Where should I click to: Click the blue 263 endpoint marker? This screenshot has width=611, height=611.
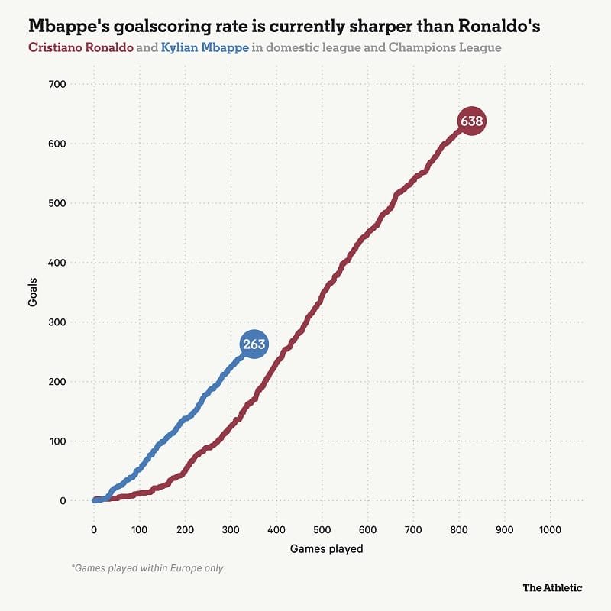coord(254,344)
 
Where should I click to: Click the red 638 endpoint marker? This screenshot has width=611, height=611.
coord(471,121)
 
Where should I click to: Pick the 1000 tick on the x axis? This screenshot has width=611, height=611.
coord(550,529)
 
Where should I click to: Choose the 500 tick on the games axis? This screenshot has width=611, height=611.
coord(322,529)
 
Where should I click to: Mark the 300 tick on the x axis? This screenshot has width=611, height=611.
coord(231,529)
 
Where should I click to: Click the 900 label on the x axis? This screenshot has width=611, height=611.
coord(504,529)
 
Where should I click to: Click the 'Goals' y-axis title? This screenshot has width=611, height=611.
coord(33,293)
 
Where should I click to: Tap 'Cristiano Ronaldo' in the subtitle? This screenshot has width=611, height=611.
coord(80,47)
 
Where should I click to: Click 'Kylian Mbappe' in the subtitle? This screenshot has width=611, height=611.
coord(205,47)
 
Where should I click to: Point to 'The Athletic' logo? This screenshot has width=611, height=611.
coord(552,587)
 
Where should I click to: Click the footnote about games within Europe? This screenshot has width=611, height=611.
coord(147,567)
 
